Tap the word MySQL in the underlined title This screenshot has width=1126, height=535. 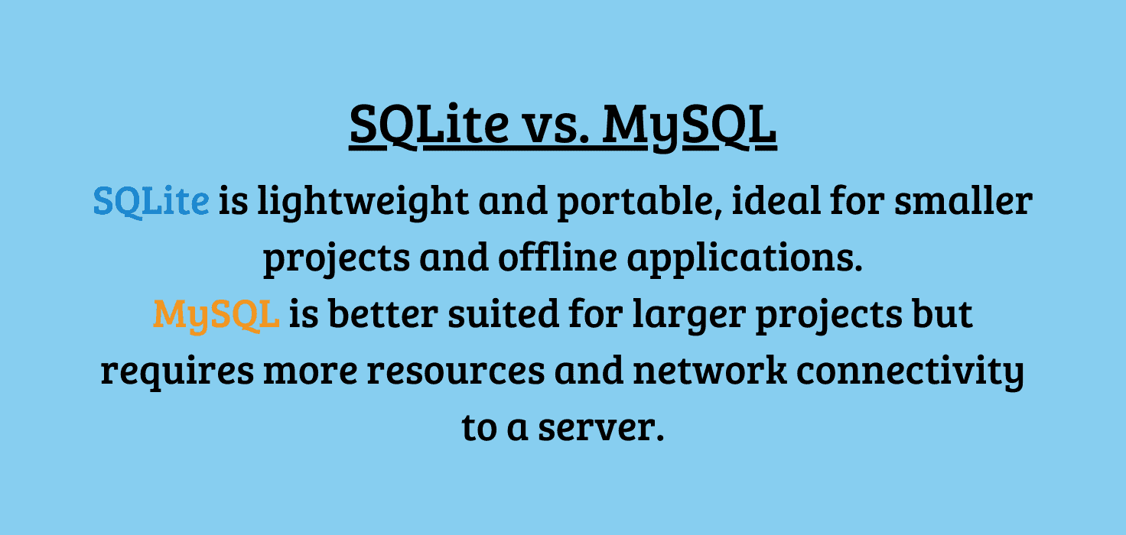[x=689, y=125]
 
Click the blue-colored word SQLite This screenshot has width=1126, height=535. [x=151, y=202]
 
